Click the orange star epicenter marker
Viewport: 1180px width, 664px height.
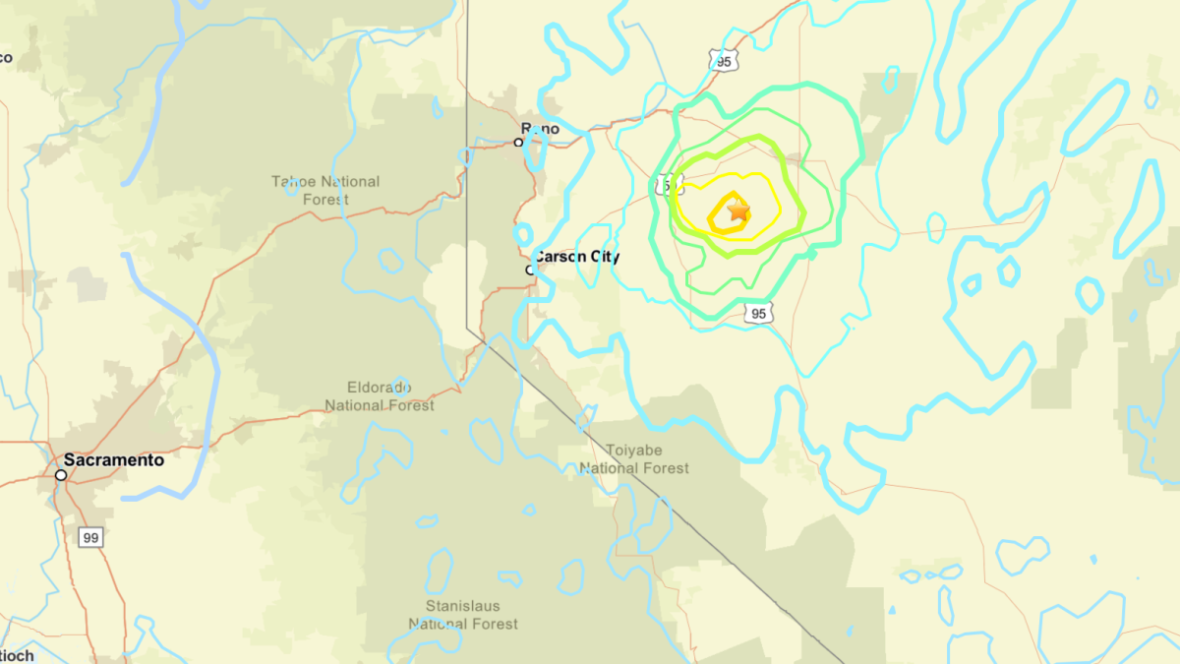737,211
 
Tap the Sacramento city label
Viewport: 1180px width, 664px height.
114,459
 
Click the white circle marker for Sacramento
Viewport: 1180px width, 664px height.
61,475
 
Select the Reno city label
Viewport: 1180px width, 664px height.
541,129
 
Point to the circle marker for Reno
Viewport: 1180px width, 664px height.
518,143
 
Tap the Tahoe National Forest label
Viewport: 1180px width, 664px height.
325,191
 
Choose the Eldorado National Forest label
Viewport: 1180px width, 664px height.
380,395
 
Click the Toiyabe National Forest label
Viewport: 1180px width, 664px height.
634,459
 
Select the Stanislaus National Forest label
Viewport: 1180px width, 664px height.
463,615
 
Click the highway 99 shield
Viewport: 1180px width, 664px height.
90,537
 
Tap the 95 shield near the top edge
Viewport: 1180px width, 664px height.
724,62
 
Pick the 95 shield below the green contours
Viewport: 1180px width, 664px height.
757,314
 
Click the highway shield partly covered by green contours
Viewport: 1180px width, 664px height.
666,185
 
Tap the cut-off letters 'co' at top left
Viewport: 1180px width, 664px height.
6,57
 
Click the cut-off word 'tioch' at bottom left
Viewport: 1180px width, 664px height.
17,655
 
